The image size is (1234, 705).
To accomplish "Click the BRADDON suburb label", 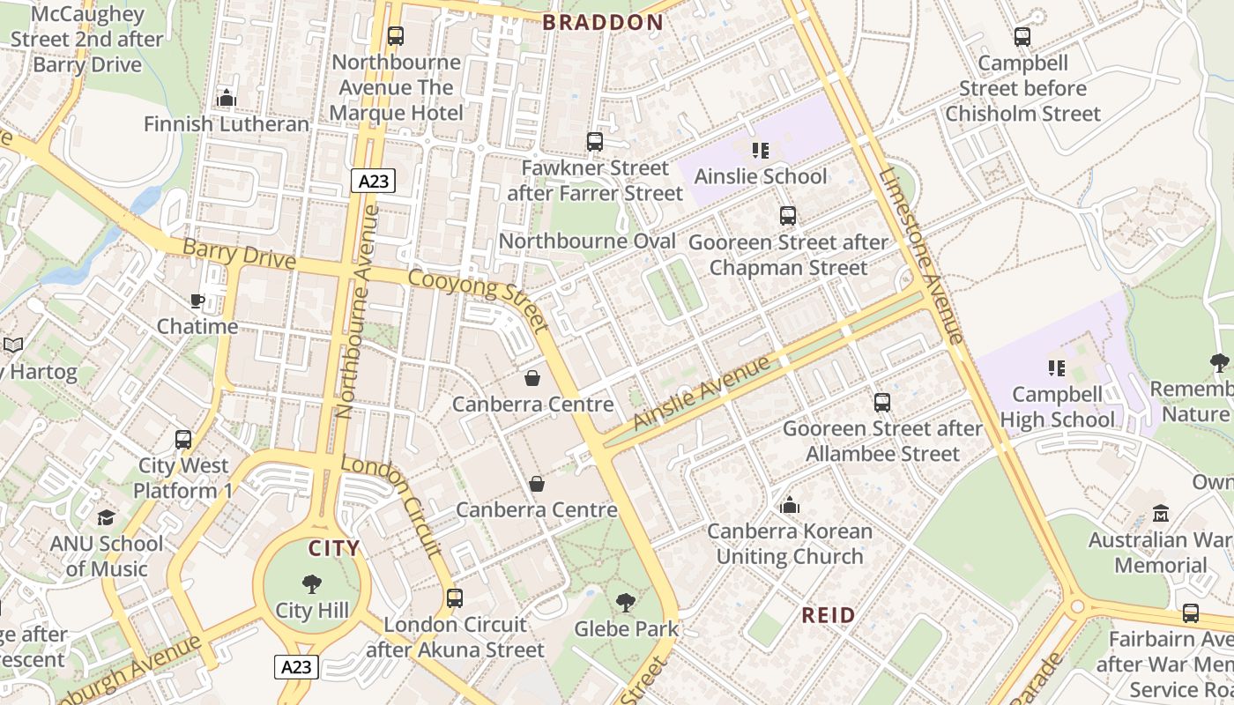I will click(x=603, y=23).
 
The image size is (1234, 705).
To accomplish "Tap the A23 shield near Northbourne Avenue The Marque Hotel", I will click(x=373, y=182).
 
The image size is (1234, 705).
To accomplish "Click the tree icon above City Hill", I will click(x=311, y=584).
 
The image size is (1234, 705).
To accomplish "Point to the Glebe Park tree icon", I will click(x=626, y=603).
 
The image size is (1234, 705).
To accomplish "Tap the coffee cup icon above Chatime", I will click(x=197, y=301).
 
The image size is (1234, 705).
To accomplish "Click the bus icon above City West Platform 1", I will click(x=182, y=439).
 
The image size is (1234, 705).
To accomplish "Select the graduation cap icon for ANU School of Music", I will click(x=107, y=517).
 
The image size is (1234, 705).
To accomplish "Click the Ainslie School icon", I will click(x=760, y=151).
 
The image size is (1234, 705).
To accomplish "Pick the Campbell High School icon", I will click(x=1056, y=367).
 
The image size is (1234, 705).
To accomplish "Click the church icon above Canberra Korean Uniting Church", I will click(x=789, y=505).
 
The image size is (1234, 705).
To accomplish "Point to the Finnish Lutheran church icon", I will click(x=227, y=98).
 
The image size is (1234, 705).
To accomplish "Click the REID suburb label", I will click(x=828, y=615).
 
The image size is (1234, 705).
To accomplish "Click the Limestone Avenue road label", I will click(x=921, y=256).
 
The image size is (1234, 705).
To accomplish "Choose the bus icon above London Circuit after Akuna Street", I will click(x=455, y=598).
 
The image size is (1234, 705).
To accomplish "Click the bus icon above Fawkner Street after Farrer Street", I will click(x=595, y=142).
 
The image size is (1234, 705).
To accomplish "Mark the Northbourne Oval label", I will click(x=587, y=241).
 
